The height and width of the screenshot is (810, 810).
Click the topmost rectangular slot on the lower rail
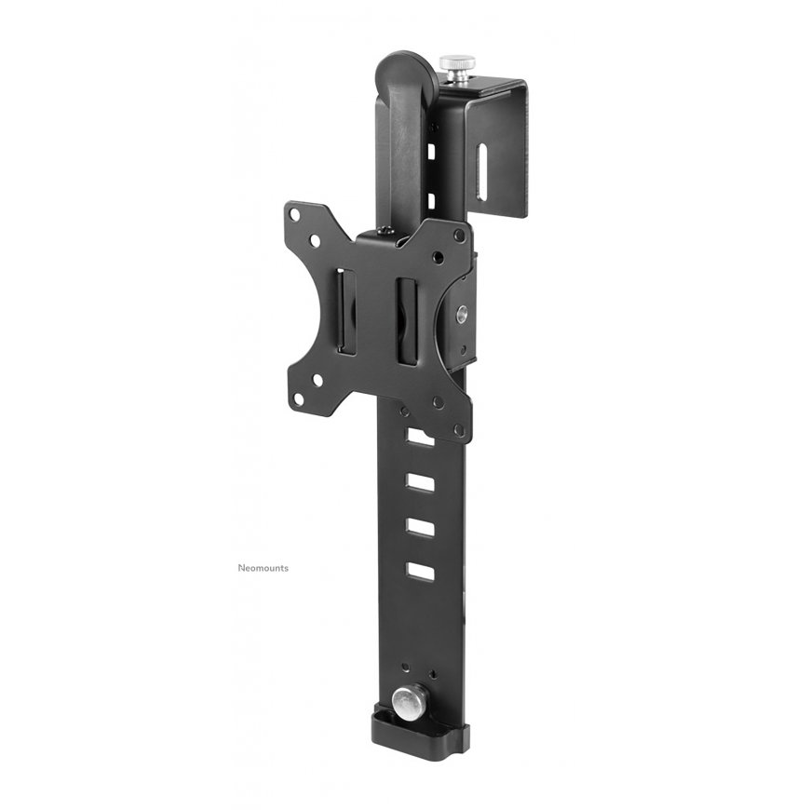click(x=419, y=437)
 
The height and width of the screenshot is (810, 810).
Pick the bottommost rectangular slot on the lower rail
click(x=420, y=572)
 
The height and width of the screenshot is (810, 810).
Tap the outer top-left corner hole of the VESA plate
click(x=294, y=213)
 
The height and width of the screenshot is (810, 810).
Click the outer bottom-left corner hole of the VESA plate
click(x=298, y=399)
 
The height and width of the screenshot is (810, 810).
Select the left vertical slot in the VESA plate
click(x=345, y=312)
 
